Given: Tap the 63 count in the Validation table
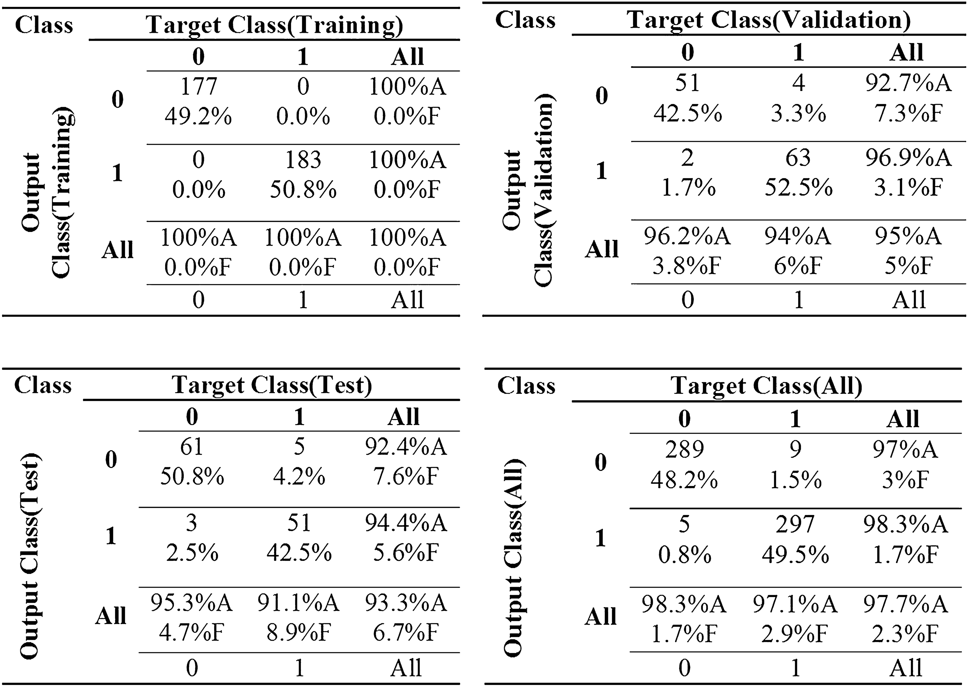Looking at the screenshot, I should pos(798,157).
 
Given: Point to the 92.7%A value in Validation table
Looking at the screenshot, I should pos(908,83).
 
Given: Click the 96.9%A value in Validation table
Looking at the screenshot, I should pos(908,157).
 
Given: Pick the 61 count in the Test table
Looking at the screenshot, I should pos(192,447).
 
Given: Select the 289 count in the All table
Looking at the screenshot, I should pos(684,449).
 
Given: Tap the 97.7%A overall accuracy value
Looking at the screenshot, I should pos(905,604).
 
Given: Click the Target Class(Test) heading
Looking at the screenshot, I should pos(272,385).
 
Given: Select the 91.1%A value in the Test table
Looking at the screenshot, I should pos(298,603).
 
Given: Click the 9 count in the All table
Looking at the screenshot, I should pos(795,449).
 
